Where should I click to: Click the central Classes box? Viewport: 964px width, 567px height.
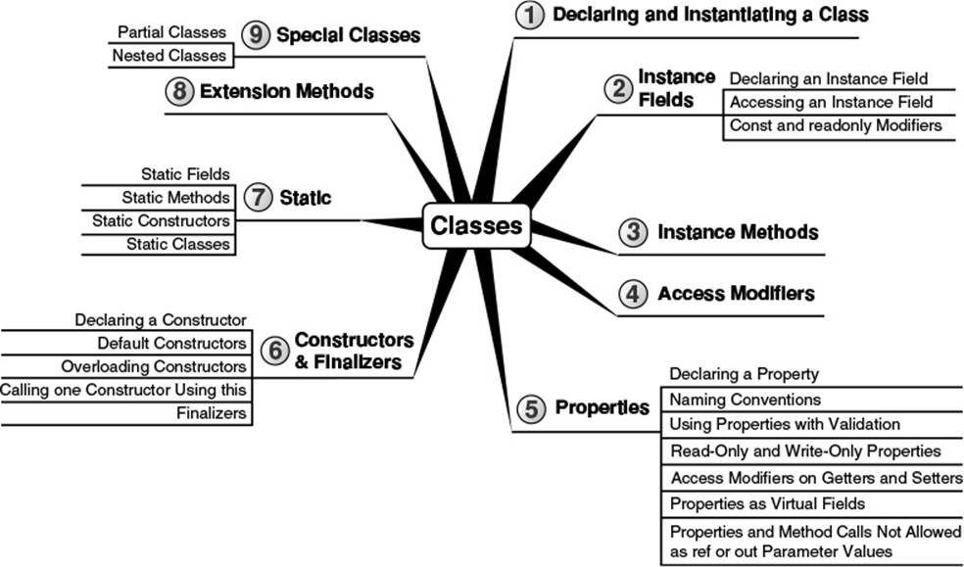coord(476,225)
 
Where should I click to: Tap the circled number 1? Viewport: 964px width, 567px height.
coord(529,15)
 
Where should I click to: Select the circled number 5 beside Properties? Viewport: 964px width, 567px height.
coord(531,408)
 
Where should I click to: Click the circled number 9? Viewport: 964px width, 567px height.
coord(256,35)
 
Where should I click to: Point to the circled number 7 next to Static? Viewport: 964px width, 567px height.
coord(259,198)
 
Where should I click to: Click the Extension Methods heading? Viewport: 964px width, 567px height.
coord(286,91)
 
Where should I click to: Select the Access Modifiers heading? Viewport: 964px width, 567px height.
coord(736,294)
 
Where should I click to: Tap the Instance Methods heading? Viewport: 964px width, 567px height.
coord(738,232)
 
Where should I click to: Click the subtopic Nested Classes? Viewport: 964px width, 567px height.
coord(169,55)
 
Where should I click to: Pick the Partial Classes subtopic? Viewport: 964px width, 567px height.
coord(171,32)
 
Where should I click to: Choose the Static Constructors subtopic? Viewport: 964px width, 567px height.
coord(161,220)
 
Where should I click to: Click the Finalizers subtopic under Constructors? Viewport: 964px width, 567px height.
coord(211,413)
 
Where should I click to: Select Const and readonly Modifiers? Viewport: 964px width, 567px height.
coord(836,125)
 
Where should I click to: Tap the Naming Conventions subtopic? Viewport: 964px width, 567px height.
coord(746,400)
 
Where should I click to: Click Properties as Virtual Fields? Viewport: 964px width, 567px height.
coord(767,504)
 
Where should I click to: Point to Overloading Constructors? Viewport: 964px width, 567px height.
coord(154,366)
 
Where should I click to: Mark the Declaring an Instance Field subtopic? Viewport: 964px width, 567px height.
coord(829,79)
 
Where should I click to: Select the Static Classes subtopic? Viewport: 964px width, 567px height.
coord(177,244)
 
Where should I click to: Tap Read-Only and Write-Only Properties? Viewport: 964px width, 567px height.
coord(805,451)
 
